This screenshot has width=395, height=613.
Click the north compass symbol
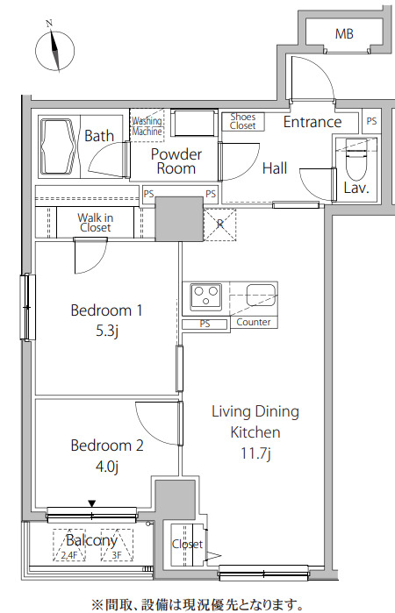point(54,50)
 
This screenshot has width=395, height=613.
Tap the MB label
point(344,34)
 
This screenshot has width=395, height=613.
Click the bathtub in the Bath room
point(59,146)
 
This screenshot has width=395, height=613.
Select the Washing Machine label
point(147,126)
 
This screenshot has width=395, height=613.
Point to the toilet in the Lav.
point(355,160)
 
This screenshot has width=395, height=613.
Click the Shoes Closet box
point(243,122)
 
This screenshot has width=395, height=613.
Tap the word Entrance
point(312,122)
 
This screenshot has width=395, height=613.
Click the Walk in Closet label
point(95,223)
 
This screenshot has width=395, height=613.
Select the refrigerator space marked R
point(220,225)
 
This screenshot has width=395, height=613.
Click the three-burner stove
point(205,296)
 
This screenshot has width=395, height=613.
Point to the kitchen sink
point(261,295)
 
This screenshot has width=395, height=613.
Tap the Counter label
point(254,322)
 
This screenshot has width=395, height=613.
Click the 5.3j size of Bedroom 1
point(107,331)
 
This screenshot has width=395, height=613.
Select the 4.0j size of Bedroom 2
point(107,467)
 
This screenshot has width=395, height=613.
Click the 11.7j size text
point(255,453)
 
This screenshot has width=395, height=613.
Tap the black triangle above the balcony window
point(91,503)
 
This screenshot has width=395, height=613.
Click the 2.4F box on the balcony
point(68,545)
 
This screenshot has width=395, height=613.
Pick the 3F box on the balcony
point(117,545)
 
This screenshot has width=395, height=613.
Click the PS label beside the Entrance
point(371,121)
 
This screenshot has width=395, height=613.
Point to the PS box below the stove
point(205,324)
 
